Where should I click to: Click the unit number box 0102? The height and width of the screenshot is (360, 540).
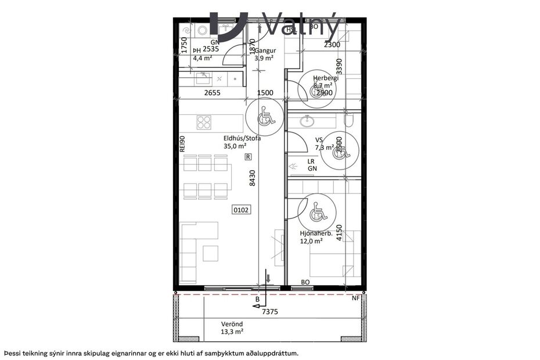tap(242, 210)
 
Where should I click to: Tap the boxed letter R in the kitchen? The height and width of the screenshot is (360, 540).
tap(248, 157)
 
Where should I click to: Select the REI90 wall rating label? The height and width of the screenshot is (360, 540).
tap(182, 145)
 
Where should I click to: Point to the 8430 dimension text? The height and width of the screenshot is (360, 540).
tap(252, 177)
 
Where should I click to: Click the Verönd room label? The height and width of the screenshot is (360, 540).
tap(232, 324)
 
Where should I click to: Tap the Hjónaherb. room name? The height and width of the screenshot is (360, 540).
tap(316, 233)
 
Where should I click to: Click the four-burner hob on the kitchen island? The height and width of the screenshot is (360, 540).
tap(204, 122)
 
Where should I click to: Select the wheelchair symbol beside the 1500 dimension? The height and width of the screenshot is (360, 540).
tap(265, 116)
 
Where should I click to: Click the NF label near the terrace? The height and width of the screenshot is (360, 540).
tap(356, 298)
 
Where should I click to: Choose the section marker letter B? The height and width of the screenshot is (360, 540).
tap(257, 300)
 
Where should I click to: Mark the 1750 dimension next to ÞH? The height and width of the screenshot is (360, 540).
tap(183, 45)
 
